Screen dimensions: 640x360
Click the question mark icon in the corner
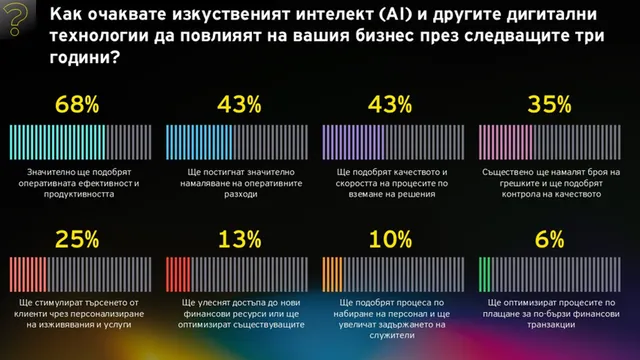[15, 19]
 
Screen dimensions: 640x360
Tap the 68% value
[77, 104]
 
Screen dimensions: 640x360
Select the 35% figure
[549, 104]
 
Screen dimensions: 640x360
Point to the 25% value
[77, 239]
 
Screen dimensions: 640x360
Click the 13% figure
[240, 239]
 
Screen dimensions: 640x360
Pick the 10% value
[391, 239]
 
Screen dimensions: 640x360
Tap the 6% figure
[549, 239]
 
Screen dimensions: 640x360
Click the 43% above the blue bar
[239, 104]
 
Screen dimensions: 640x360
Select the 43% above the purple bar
[390, 104]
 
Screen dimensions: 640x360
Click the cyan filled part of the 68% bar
[58, 142]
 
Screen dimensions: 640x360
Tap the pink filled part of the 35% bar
[506, 142]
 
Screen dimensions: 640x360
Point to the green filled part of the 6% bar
[484, 274]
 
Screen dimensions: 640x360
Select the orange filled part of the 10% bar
[333, 274]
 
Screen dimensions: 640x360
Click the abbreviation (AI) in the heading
[396, 15]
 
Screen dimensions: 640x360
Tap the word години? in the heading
[85, 58]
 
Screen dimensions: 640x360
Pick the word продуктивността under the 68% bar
[79, 194]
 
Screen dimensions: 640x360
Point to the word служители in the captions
[392, 336]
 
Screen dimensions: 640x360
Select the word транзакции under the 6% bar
[551, 325]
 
